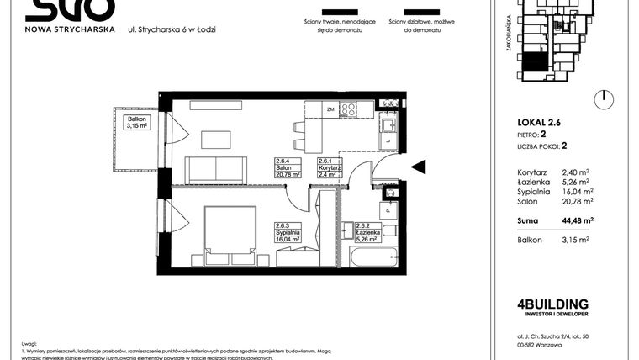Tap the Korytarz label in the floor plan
point(329,169)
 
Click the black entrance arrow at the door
point(418,167)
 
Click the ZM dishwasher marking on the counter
point(330,109)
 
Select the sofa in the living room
point(216,170)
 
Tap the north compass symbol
point(601,99)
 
